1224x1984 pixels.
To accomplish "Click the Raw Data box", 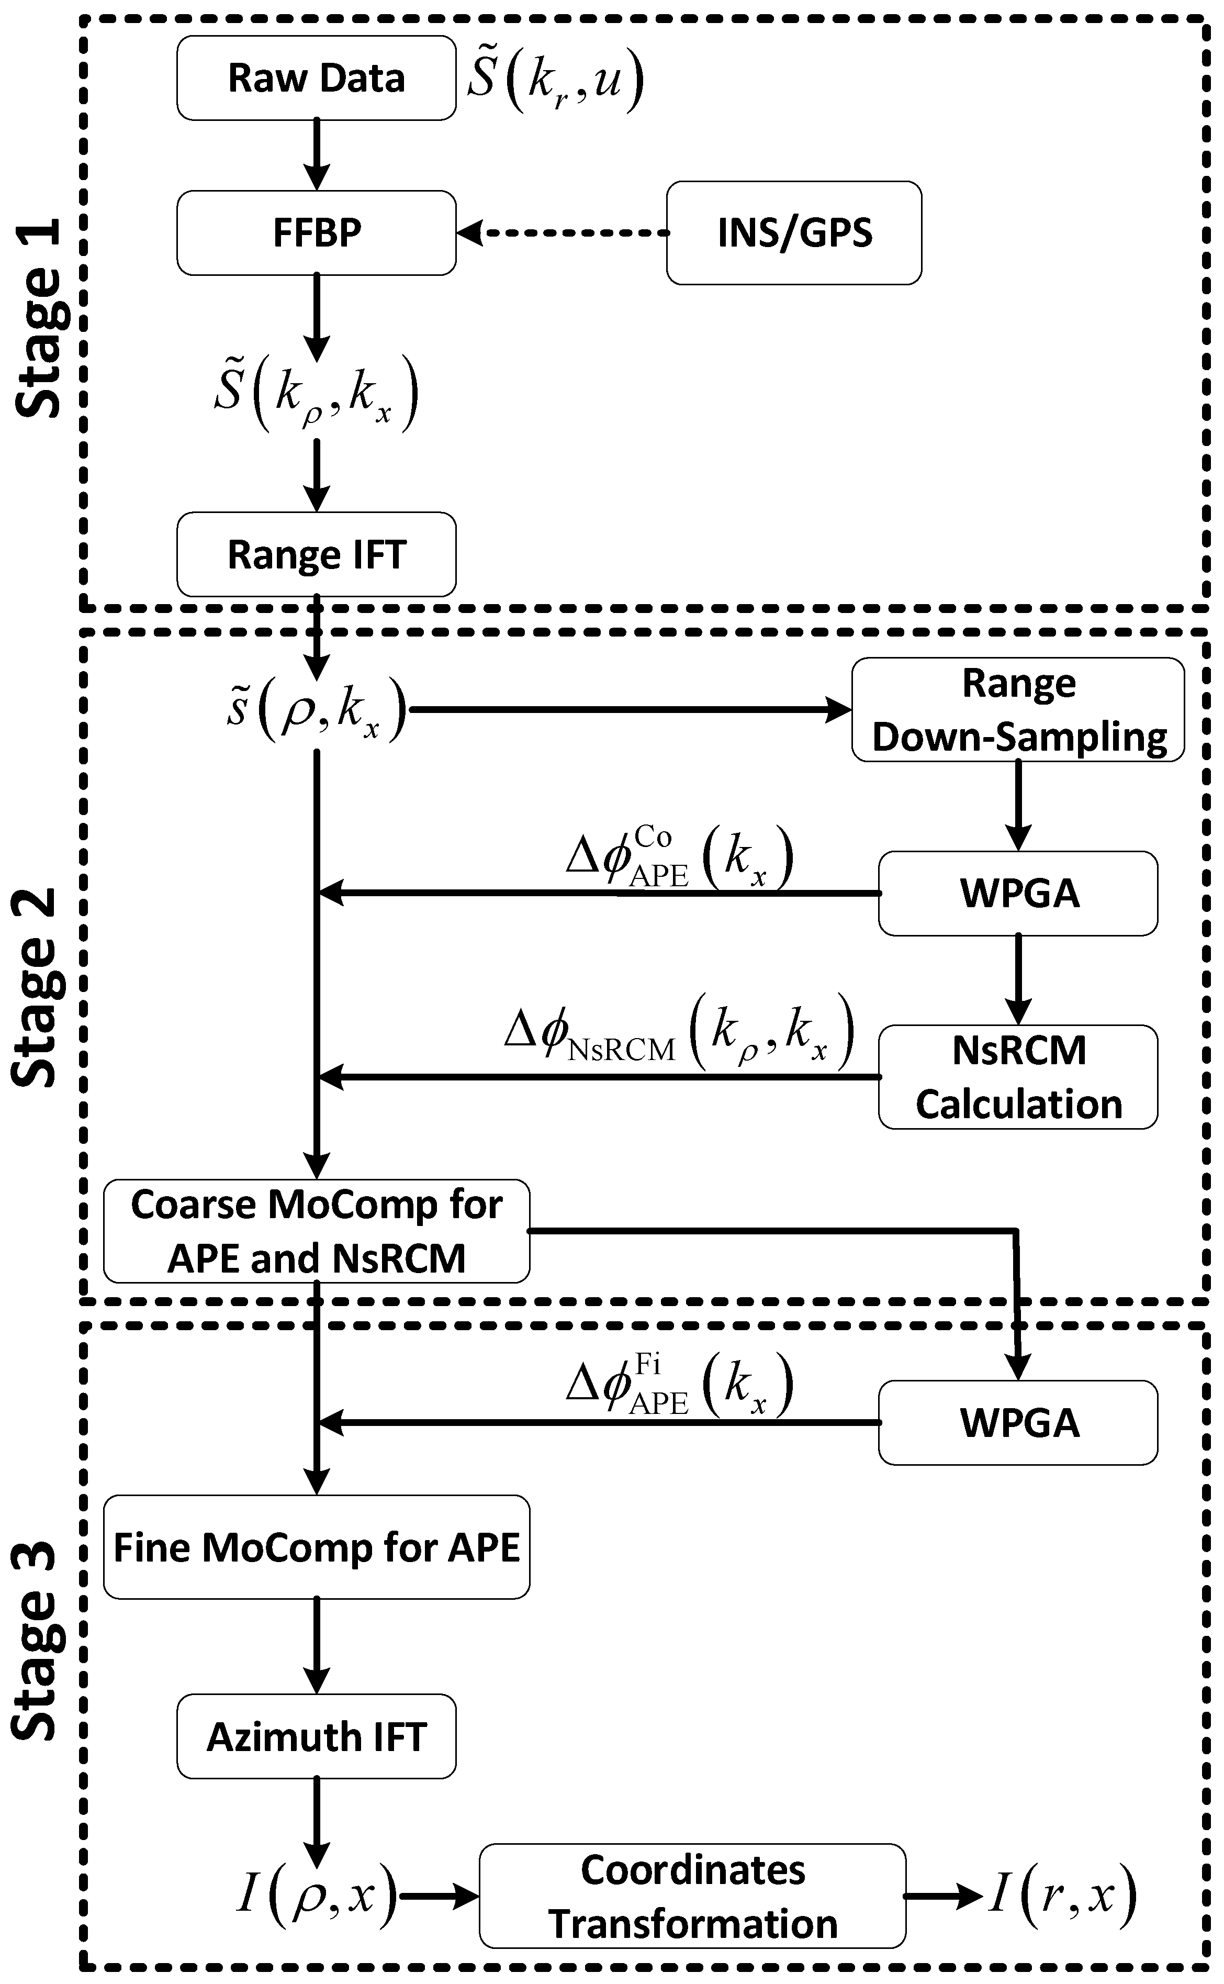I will pos(316,79).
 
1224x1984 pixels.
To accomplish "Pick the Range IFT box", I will pos(316,555).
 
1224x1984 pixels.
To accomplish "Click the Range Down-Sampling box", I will pos(1018,709).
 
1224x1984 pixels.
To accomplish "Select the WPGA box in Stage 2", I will pos(1018,893).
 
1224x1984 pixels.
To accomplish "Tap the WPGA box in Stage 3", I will pos(1018,1423).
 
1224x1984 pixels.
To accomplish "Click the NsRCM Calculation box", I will pos(1018,1077).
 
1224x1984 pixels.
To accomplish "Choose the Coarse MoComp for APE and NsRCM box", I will pos(316,1231).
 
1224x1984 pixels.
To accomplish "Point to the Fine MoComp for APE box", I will pos(316,1547).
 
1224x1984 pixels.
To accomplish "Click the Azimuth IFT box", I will pos(316,1737).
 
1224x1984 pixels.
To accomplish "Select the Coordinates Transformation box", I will pos(692,1896).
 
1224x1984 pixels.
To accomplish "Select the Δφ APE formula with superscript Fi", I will pos(678,1386).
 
